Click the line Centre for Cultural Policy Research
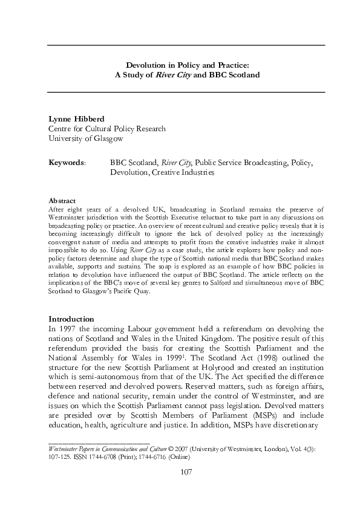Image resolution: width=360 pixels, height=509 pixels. pos(106,129)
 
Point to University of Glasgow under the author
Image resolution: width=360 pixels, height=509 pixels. pos(85,138)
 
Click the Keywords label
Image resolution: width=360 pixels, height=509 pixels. pos(67,163)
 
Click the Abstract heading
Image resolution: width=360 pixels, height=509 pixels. pos(62,200)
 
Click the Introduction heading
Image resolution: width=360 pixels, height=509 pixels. pos(71,319)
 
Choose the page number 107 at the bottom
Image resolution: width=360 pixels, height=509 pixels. pos(186,488)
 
